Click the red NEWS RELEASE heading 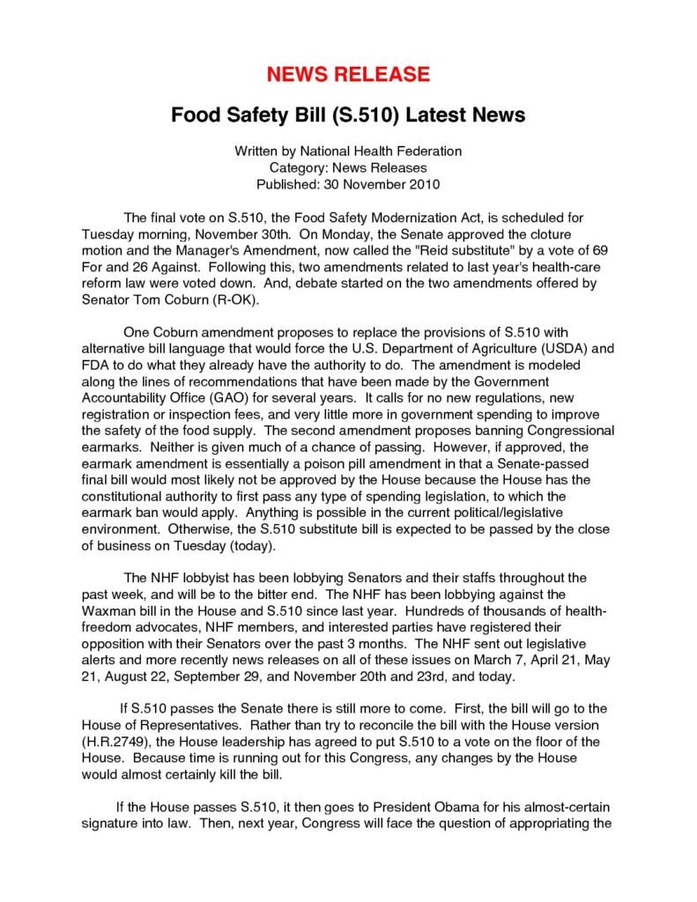[x=348, y=74]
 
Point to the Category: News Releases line [x=348, y=167]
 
